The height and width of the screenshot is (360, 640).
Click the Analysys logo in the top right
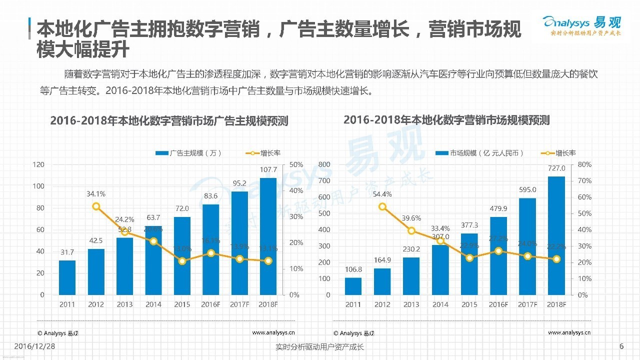581,26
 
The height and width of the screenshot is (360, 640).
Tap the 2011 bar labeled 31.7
67,277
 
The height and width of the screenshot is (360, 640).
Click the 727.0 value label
556,168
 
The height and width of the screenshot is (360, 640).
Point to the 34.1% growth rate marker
96,206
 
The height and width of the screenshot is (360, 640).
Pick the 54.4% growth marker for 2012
382,206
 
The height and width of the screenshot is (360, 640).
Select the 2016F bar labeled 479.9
498,255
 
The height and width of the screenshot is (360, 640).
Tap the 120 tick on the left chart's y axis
38,164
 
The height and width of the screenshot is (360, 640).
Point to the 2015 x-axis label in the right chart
469,304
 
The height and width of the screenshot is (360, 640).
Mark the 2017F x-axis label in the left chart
239,304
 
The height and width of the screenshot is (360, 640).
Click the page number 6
621,346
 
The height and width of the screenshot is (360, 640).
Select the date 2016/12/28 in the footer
35,346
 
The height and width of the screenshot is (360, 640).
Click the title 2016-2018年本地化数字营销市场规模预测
446,120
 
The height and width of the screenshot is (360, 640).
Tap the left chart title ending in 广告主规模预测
169,121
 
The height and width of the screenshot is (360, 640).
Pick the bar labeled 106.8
353,286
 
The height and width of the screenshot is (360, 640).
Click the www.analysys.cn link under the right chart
569,332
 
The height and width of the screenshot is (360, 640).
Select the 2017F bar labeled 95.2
239,243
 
